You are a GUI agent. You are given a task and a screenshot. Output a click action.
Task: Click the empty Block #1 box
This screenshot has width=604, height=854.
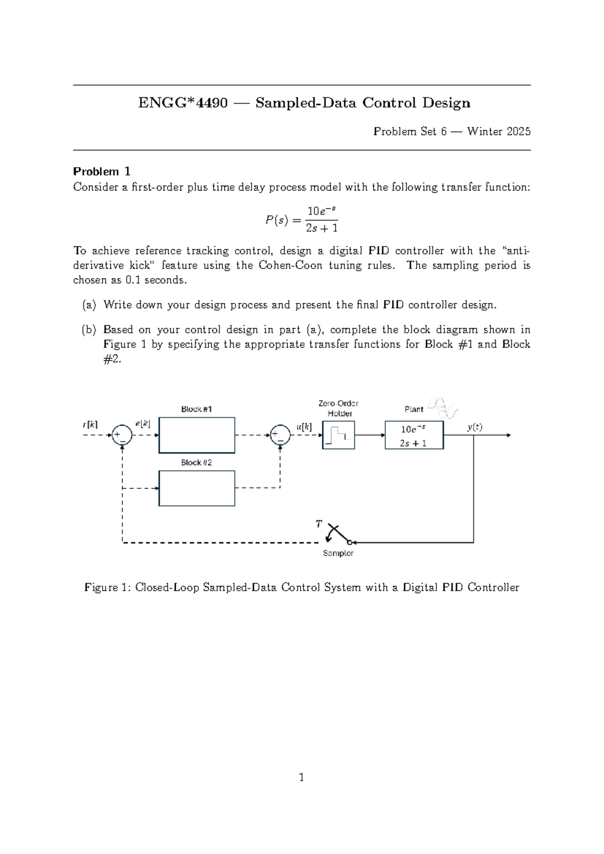pos(197,435)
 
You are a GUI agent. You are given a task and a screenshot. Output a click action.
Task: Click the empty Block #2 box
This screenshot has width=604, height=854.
pos(197,488)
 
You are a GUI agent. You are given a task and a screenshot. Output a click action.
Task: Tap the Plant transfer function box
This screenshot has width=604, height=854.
pos(414,436)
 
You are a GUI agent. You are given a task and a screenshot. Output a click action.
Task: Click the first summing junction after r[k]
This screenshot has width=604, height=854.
pos(122,435)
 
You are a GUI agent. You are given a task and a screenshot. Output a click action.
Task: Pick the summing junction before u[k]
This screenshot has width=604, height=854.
pos(280,435)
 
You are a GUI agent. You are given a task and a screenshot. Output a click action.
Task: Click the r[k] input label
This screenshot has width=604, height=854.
pos(91,424)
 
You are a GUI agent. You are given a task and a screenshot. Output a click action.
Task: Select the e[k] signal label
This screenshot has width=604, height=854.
pos(142,424)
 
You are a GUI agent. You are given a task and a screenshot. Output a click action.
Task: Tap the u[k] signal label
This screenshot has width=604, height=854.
pos(304,427)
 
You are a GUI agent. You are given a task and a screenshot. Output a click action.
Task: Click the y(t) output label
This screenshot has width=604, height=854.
pos(474,427)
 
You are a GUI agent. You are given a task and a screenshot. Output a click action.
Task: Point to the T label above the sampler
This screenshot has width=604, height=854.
pos(318,524)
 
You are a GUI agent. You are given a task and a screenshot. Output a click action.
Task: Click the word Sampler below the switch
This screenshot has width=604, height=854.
pos(338,553)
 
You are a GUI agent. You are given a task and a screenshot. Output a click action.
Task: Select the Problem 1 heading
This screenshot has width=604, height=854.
pos(102,171)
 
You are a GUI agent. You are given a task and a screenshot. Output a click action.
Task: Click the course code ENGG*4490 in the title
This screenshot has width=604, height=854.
pos(183,103)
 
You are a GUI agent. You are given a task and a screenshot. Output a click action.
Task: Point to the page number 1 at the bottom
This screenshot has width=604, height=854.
pos(301,777)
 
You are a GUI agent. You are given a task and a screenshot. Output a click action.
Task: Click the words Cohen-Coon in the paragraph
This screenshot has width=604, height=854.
pos(290,265)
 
